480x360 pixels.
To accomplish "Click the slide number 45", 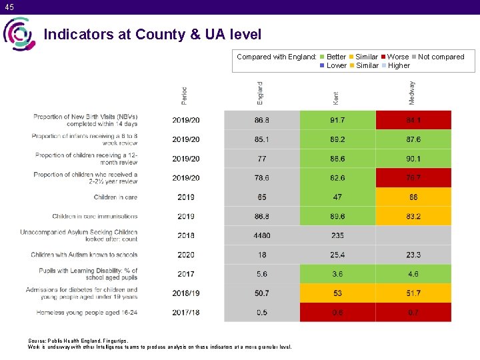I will click(x=8, y=7).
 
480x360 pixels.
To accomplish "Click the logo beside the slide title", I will click(x=18, y=34).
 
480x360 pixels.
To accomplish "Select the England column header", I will click(x=260, y=93).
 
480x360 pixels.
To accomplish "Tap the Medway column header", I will click(x=413, y=93).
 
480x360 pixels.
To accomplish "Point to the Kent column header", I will click(x=337, y=97).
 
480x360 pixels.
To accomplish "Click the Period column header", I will click(x=185, y=95).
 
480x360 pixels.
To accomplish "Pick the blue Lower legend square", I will click(x=321, y=65).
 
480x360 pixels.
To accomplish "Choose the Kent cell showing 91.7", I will click(x=337, y=120).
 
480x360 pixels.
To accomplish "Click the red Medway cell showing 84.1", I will click(x=413, y=120).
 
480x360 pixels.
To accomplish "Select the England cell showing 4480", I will click(x=262, y=235).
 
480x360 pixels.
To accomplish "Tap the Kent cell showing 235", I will click(x=337, y=235).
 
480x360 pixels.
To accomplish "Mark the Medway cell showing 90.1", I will click(x=413, y=159).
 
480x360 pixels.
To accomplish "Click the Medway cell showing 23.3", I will click(x=413, y=255).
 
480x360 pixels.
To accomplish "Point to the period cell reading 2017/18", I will click(x=186, y=312).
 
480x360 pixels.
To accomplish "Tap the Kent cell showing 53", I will click(x=337, y=293).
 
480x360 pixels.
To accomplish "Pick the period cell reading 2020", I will click(x=186, y=255).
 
